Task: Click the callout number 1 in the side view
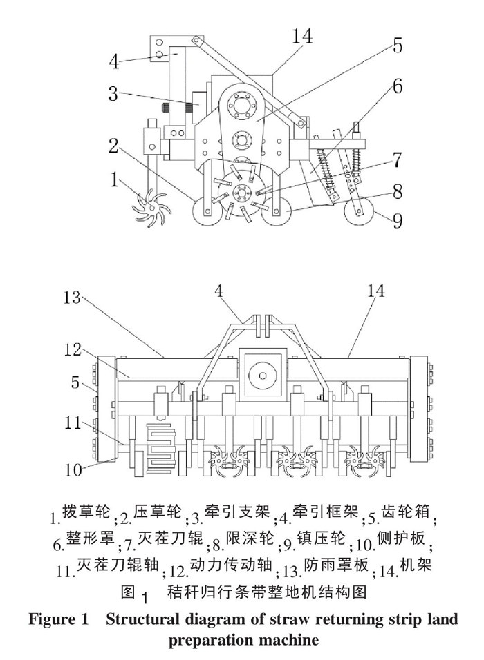(x=114, y=179)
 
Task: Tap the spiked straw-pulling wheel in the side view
(x=150, y=208)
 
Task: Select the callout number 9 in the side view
(x=397, y=220)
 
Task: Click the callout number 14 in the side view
(x=302, y=36)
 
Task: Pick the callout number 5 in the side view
(x=398, y=46)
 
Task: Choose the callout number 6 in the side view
(x=397, y=87)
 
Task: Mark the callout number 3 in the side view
(x=113, y=94)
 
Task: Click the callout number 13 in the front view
(x=72, y=298)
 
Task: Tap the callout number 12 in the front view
(x=73, y=349)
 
